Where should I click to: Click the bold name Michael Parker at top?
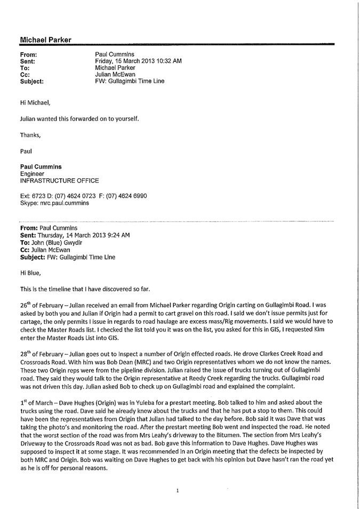tap(45, 40)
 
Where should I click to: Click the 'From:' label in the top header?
tap(29, 54)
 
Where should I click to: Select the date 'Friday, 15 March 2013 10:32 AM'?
tap(138, 61)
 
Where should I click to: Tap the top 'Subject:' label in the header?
tap(32, 82)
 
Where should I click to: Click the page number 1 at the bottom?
tap(177, 490)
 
